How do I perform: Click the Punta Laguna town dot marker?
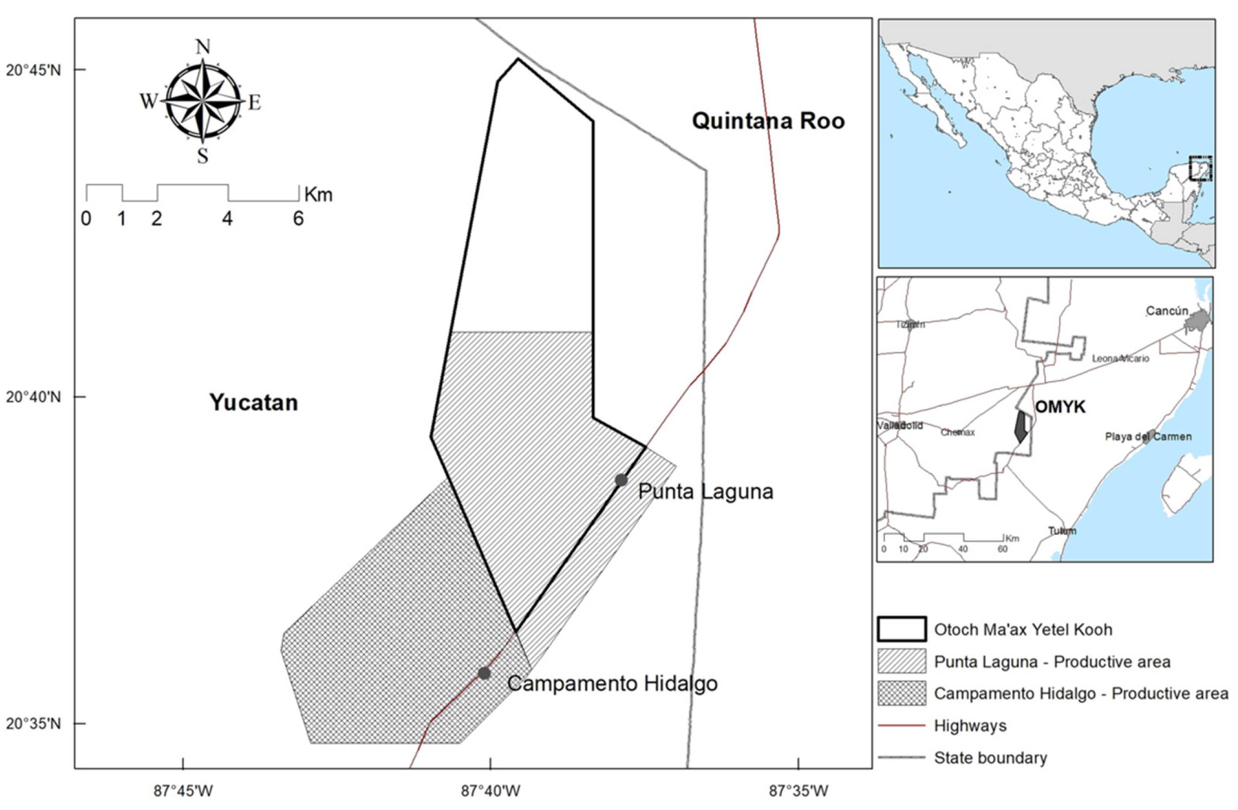pos(621,480)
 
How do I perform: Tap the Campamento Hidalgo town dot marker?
pos(484,673)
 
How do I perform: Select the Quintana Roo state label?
pos(768,121)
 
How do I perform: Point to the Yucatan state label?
pos(253,402)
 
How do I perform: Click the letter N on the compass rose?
pos(203,47)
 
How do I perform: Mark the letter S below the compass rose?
pos(202,156)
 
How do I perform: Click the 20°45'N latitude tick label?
pos(34,70)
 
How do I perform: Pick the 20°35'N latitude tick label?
pos(34,723)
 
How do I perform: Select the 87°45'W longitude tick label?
pos(183,791)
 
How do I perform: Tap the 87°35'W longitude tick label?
pos(798,791)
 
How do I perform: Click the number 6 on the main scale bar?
pos(298,219)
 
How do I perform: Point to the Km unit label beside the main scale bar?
pos(318,194)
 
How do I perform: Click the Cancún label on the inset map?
pos(1167,311)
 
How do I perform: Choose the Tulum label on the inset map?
pos(1062,531)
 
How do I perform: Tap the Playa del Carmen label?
pos(1148,436)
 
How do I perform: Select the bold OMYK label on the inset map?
pos(1060,407)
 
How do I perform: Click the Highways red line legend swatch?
pos(901,725)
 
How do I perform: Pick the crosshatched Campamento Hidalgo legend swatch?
pos(901,693)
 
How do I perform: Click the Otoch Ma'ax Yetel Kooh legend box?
pos(901,629)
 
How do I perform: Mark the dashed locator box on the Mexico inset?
pos(1200,168)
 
